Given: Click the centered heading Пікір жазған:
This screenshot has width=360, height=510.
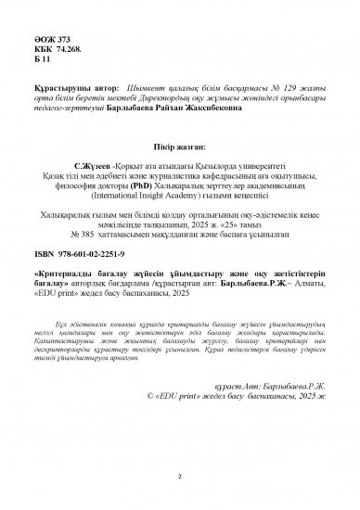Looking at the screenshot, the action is pos(179,135).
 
